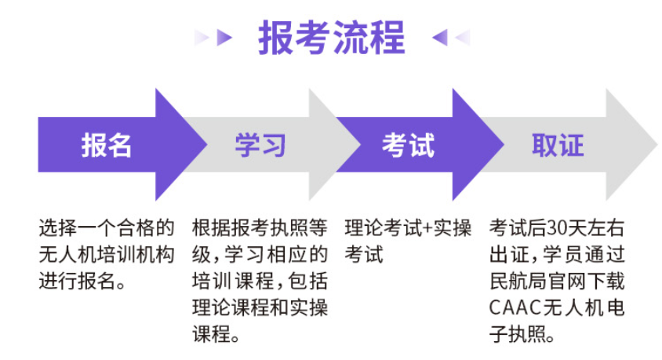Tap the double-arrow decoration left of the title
pyautogui.click(x=213, y=37)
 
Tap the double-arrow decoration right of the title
pyautogui.click(x=450, y=37)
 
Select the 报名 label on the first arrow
pyautogui.click(x=107, y=145)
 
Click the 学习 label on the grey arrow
pyautogui.click(x=260, y=145)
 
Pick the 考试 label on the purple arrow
pyautogui.click(x=408, y=145)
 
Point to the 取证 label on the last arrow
pyautogui.click(x=558, y=145)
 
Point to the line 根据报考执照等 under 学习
pyautogui.click(x=260, y=228)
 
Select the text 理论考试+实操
pyautogui.click(x=408, y=228)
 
